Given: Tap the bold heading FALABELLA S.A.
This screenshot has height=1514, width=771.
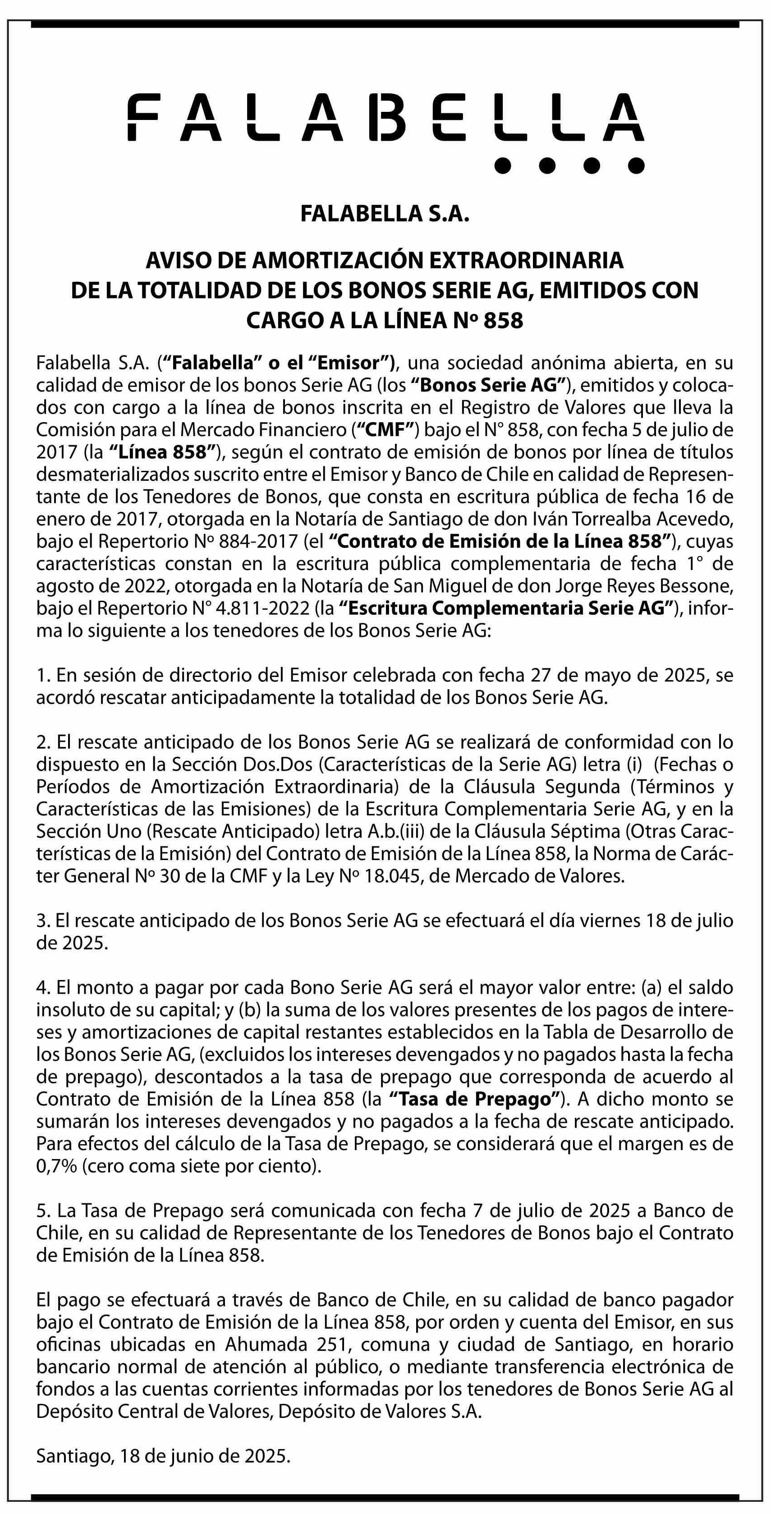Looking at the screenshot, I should (x=385, y=214).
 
